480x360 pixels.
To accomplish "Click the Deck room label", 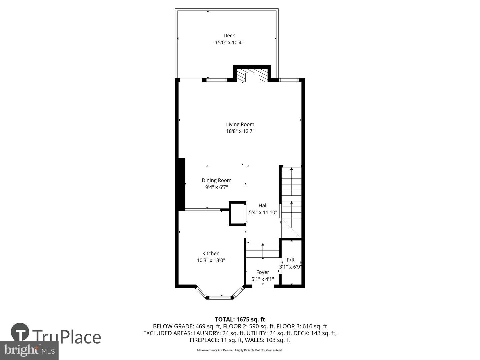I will pyautogui.click(x=229, y=35).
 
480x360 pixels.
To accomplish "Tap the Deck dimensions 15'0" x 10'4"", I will pyautogui.click(x=229, y=42).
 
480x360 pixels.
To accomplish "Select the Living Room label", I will pyautogui.click(x=240, y=124).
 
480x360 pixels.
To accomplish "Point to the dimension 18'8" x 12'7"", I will pyautogui.click(x=240, y=131).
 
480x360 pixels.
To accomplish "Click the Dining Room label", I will pyautogui.click(x=216, y=180).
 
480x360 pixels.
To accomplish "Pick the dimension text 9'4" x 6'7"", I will pyautogui.click(x=216, y=187).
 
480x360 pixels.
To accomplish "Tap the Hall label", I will pyautogui.click(x=263, y=205).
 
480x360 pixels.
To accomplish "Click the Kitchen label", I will pyautogui.click(x=211, y=253).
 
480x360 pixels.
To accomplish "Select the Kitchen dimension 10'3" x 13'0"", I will pyautogui.click(x=211, y=260).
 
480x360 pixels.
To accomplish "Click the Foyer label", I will pyautogui.click(x=263, y=272).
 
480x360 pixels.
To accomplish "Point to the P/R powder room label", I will pyautogui.click(x=291, y=260).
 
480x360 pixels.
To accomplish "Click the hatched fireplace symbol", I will pyautogui.click(x=252, y=76).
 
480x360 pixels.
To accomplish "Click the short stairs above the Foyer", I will pyautogui.click(x=263, y=250).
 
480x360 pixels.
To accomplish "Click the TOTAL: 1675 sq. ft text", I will pyautogui.click(x=240, y=319).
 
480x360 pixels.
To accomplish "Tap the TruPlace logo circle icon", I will pyautogui.click(x=20, y=332).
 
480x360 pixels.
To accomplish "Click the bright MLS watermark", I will pyautogui.click(x=29, y=350).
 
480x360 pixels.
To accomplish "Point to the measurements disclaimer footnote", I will pyautogui.click(x=240, y=350).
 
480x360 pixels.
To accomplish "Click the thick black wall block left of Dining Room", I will pyautogui.click(x=181, y=184).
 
